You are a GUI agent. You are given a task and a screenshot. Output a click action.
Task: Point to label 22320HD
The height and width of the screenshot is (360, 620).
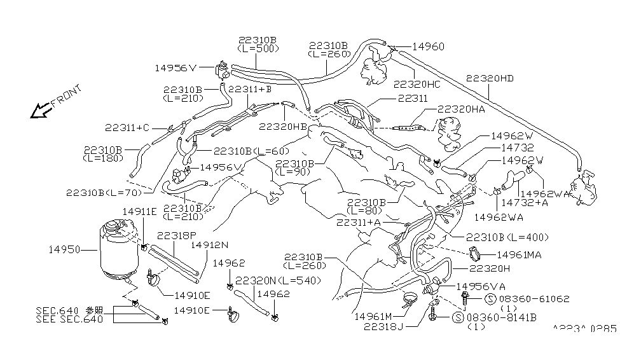click(489, 79)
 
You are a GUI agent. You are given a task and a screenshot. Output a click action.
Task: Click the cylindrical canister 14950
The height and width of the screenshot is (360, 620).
click(118, 249)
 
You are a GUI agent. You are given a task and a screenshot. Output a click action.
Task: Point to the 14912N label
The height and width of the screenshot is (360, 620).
click(209, 244)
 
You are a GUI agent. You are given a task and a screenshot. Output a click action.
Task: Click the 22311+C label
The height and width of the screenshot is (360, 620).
click(128, 128)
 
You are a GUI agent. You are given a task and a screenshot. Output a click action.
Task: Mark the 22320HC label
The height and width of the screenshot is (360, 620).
click(417, 84)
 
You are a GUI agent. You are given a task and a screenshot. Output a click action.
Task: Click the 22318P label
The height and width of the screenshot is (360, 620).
click(176, 235)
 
